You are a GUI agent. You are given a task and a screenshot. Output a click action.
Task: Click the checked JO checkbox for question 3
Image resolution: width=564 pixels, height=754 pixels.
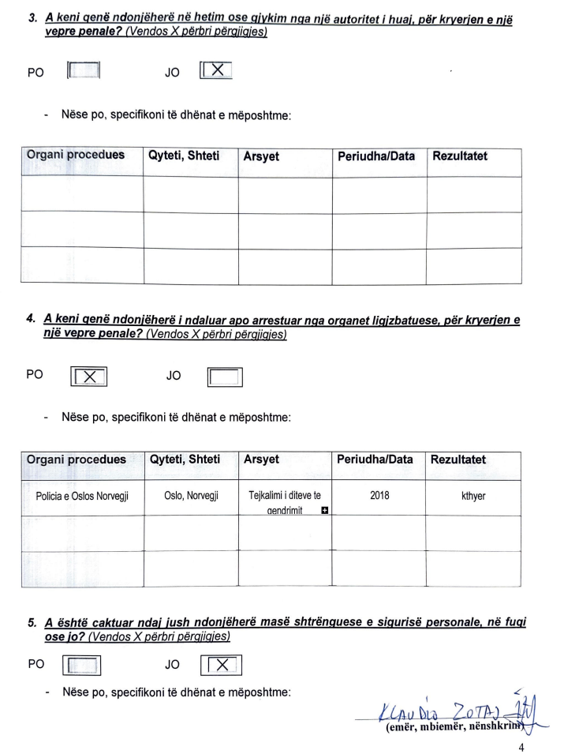(x=218, y=70)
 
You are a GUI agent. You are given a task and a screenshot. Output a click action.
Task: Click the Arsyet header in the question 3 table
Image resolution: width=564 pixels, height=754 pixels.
(x=261, y=156)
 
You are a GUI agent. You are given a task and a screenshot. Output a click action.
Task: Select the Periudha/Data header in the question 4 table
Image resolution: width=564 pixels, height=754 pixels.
(x=375, y=460)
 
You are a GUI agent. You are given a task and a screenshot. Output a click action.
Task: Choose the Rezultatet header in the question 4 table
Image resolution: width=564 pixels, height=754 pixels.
(x=458, y=460)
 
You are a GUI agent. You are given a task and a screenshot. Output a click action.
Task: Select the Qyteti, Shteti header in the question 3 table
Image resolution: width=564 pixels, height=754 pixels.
(x=184, y=156)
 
